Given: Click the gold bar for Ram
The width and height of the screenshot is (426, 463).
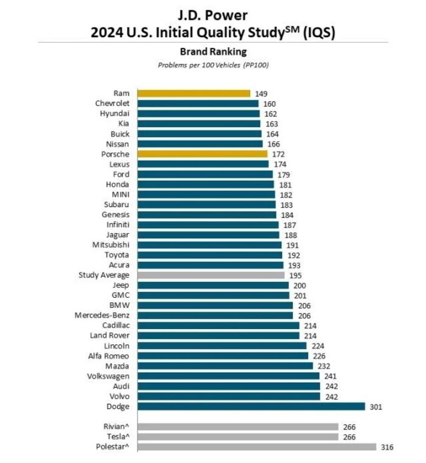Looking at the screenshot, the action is pyautogui.click(x=194, y=94).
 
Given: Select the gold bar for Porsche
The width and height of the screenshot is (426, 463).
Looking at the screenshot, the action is pyautogui.click(x=203, y=154).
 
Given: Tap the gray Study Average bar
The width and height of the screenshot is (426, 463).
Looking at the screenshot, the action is pyautogui.click(x=211, y=275).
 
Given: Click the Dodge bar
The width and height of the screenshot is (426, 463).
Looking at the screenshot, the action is pyautogui.click(x=251, y=406).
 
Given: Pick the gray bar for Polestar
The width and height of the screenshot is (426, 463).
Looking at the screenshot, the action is pyautogui.click(x=257, y=447).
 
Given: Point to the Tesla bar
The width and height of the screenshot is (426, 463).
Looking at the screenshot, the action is pyautogui.click(x=238, y=437).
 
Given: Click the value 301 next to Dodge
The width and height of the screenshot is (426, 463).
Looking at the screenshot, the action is pyautogui.click(x=376, y=407).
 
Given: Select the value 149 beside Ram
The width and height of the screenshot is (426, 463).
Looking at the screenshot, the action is pyautogui.click(x=261, y=94).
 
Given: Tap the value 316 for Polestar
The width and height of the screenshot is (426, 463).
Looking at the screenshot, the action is pyautogui.click(x=387, y=447).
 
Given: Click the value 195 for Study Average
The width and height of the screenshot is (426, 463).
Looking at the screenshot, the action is pyautogui.click(x=295, y=275).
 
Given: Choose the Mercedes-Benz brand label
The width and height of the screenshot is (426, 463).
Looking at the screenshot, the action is pyautogui.click(x=102, y=316).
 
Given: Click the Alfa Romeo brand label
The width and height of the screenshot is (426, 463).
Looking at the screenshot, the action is pyautogui.click(x=108, y=356).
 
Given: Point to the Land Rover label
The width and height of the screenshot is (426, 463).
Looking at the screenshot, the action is pyautogui.click(x=110, y=336).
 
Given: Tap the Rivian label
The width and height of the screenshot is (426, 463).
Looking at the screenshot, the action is pyautogui.click(x=116, y=426).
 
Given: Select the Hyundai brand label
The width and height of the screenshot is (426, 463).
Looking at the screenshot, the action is pyautogui.click(x=114, y=114).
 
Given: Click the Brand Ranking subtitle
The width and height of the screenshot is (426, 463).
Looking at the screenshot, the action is pyautogui.click(x=213, y=52).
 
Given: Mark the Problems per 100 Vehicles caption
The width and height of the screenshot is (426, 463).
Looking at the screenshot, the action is pyautogui.click(x=213, y=65).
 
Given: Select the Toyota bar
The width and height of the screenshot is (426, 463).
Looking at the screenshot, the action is pyautogui.click(x=210, y=255).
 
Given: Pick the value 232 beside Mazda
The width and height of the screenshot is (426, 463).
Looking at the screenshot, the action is pyautogui.click(x=324, y=366).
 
